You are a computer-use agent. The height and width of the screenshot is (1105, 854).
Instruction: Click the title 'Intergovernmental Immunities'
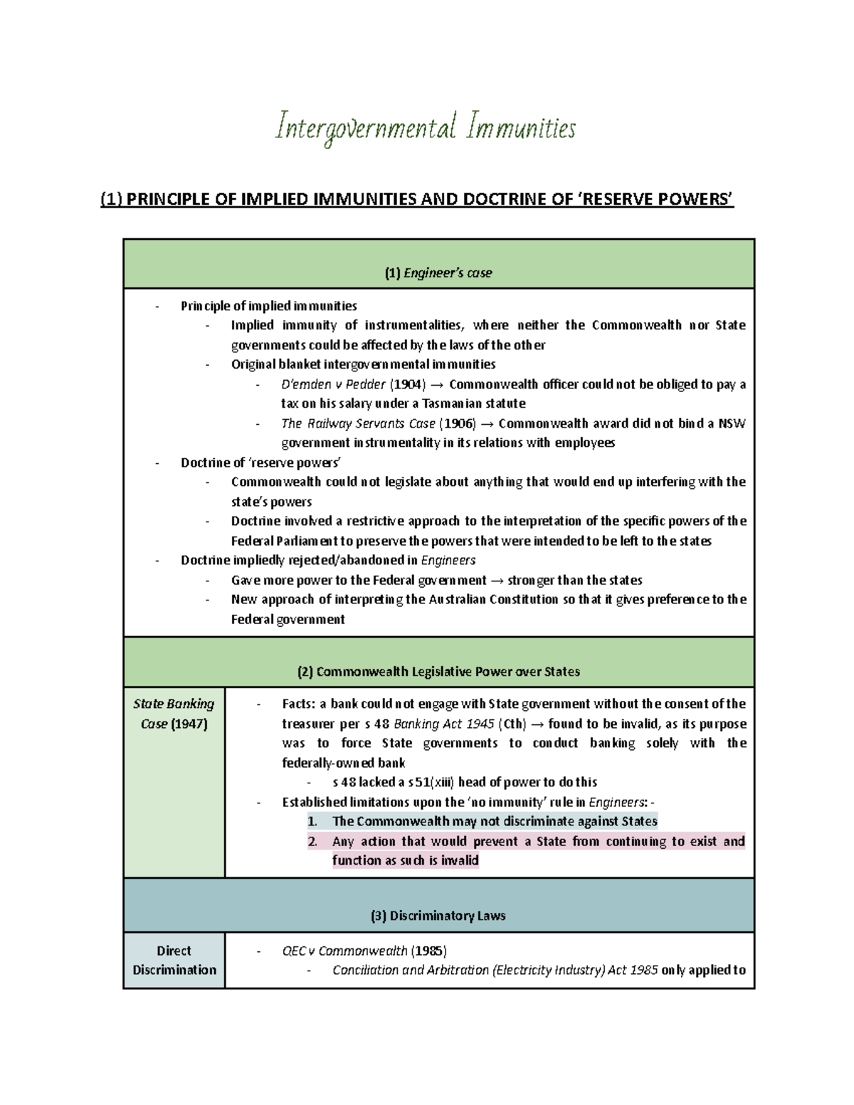425,129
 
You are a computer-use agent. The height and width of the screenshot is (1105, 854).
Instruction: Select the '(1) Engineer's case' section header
438,273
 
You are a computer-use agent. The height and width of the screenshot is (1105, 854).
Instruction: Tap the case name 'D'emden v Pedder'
333,384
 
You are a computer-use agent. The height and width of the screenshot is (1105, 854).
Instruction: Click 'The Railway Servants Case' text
358,423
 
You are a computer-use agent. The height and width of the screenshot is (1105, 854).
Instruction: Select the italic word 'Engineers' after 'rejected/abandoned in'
448,560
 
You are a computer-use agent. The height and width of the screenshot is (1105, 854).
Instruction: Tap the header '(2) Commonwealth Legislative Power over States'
438,672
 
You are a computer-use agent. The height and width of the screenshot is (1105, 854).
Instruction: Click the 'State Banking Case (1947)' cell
174,713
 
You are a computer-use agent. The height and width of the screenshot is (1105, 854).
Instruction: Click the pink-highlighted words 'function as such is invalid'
405,860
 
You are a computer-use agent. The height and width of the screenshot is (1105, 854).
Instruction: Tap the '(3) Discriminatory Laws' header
438,916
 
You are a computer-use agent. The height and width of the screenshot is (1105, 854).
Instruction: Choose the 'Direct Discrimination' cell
174,960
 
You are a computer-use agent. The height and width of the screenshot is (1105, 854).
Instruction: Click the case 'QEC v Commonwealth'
344,951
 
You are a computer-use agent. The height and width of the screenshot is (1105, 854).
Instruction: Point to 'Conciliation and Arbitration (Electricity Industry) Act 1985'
495,970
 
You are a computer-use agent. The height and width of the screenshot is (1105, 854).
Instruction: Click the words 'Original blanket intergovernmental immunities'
363,364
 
